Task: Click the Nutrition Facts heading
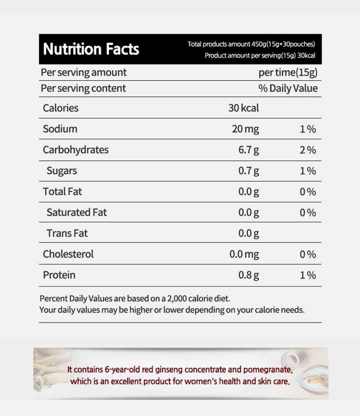tap(91, 49)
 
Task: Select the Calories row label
tap(61, 108)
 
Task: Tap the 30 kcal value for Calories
tap(243, 108)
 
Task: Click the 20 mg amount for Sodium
tap(245, 129)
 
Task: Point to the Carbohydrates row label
tap(76, 150)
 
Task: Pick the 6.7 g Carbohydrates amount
tap(248, 150)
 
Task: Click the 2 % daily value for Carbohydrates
tap(308, 150)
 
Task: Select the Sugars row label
tap(62, 171)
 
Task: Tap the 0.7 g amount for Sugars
tap(248, 171)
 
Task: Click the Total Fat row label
tap(62, 191)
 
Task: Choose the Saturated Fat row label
tap(77, 212)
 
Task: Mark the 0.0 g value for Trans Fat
tap(248, 233)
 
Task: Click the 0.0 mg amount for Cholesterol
tap(244, 254)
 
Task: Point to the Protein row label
tap(59, 275)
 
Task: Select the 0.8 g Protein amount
tap(248, 275)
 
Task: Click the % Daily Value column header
tap(288, 88)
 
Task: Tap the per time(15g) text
tap(288, 72)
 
